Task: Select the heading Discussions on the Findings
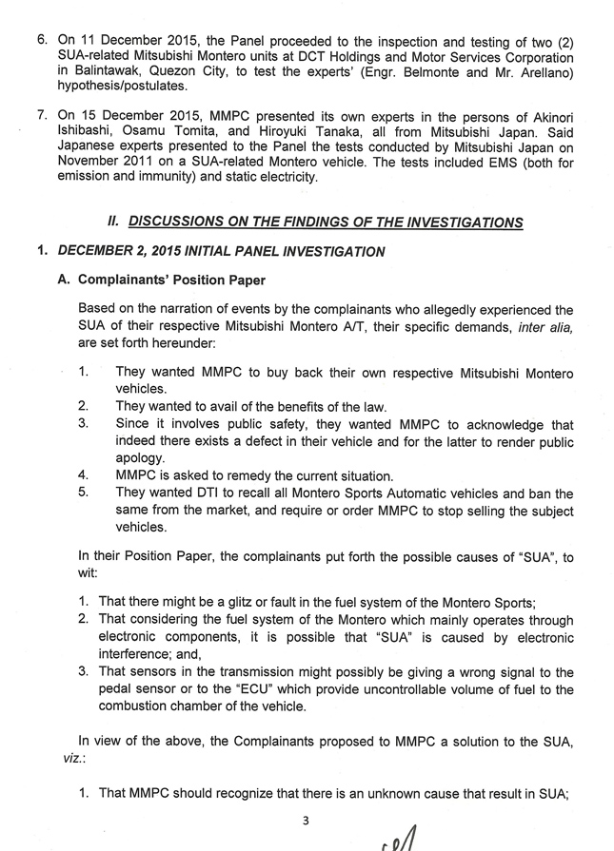326,222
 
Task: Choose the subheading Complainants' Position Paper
167,280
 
